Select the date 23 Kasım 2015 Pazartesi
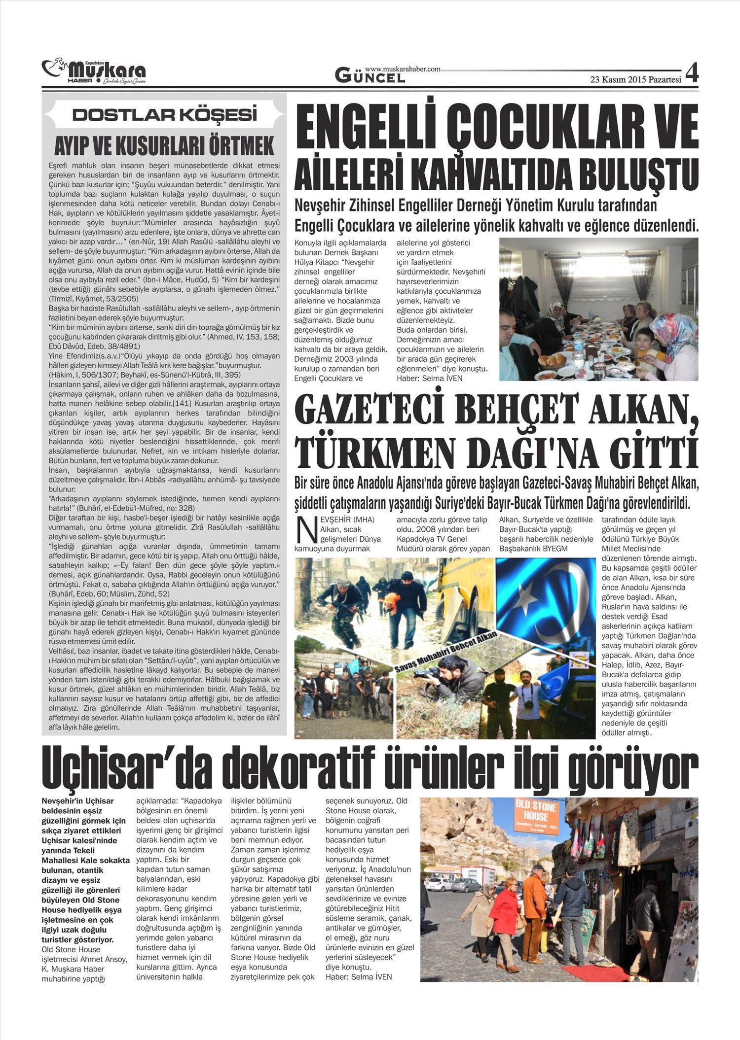(635, 80)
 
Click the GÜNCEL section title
(370, 75)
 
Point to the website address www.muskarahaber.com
(403, 69)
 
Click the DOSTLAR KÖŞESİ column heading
(165, 115)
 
